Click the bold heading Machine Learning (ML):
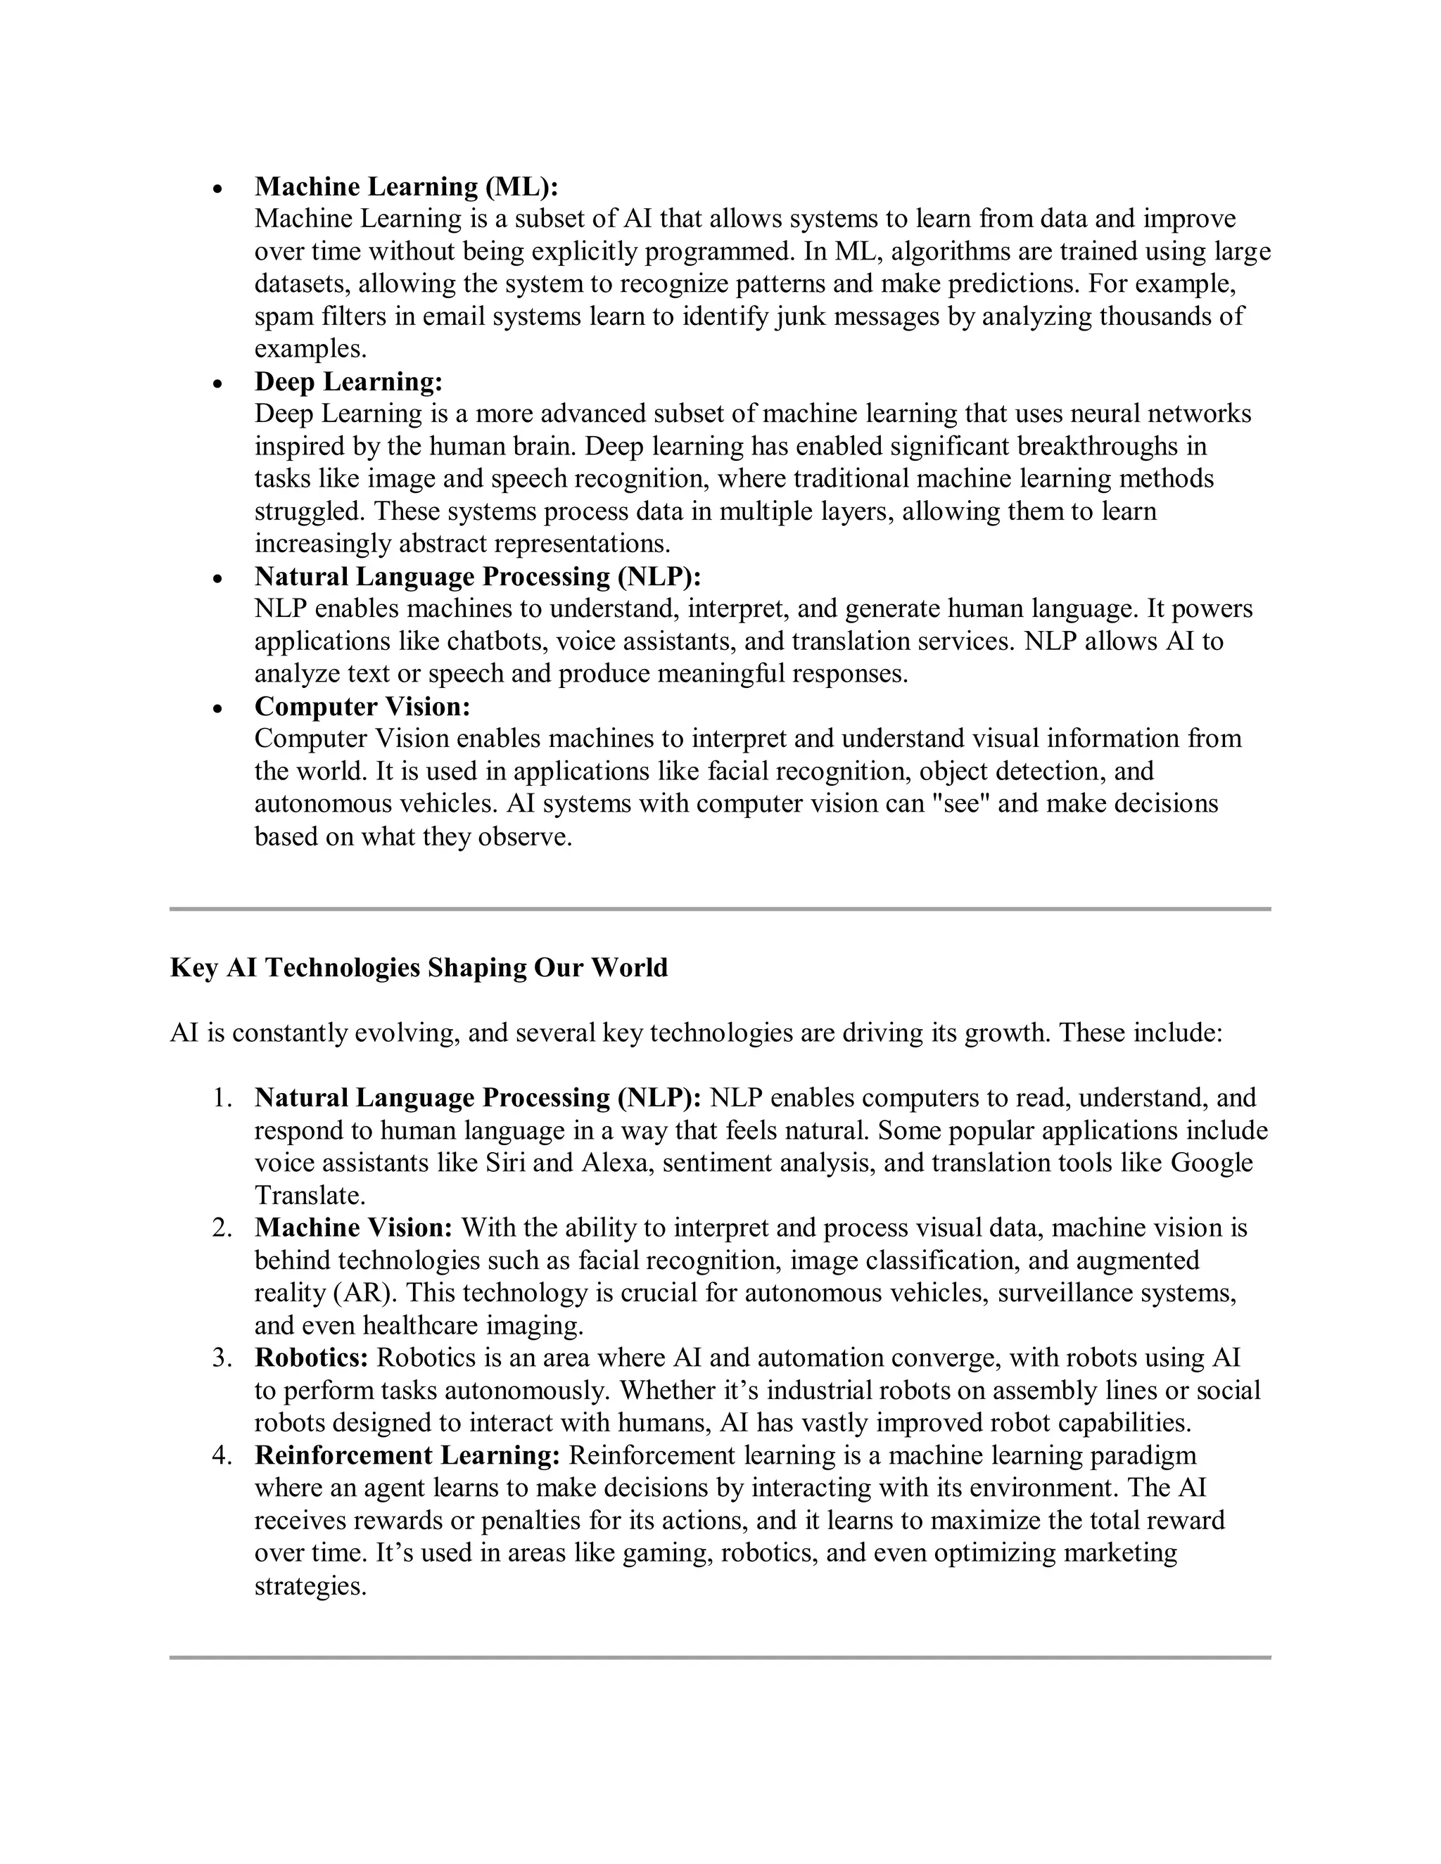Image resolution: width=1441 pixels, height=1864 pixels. click(x=407, y=186)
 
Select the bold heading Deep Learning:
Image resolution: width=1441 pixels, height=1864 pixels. click(x=348, y=381)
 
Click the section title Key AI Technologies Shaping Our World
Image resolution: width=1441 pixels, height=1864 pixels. click(x=419, y=968)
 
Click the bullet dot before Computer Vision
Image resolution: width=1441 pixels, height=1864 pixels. click(x=219, y=709)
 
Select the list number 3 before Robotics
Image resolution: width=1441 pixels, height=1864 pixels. click(x=222, y=1358)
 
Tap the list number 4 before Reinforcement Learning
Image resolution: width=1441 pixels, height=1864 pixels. click(x=222, y=1455)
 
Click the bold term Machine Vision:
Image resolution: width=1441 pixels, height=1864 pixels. click(x=353, y=1228)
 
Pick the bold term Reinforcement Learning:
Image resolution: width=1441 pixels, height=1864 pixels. click(x=407, y=1455)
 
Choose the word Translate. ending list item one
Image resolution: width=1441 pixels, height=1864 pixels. click(x=310, y=1196)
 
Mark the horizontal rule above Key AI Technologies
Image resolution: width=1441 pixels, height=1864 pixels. click(x=720, y=909)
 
